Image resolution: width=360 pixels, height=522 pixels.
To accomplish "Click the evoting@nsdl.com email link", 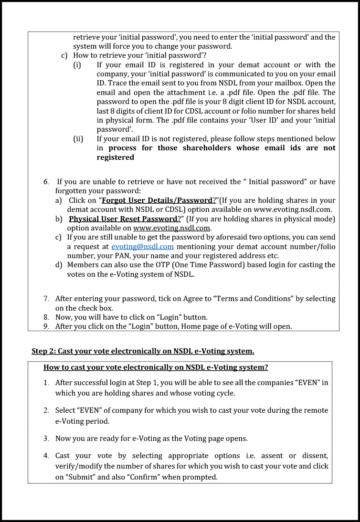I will tap(142, 247).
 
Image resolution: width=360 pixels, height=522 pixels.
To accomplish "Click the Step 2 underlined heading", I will tap(143, 351).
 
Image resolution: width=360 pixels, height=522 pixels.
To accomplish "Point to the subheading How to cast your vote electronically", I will tap(156, 367).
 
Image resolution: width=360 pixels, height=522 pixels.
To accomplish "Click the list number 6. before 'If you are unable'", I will tap(46, 182).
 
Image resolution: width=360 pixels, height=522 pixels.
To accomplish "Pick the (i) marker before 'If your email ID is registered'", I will tap(77, 65).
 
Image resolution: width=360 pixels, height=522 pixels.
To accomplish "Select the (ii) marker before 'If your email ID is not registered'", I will tap(78, 139).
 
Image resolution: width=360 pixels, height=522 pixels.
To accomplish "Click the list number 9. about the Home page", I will tap(46, 326).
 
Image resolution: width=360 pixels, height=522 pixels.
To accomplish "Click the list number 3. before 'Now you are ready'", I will tap(46, 438).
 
